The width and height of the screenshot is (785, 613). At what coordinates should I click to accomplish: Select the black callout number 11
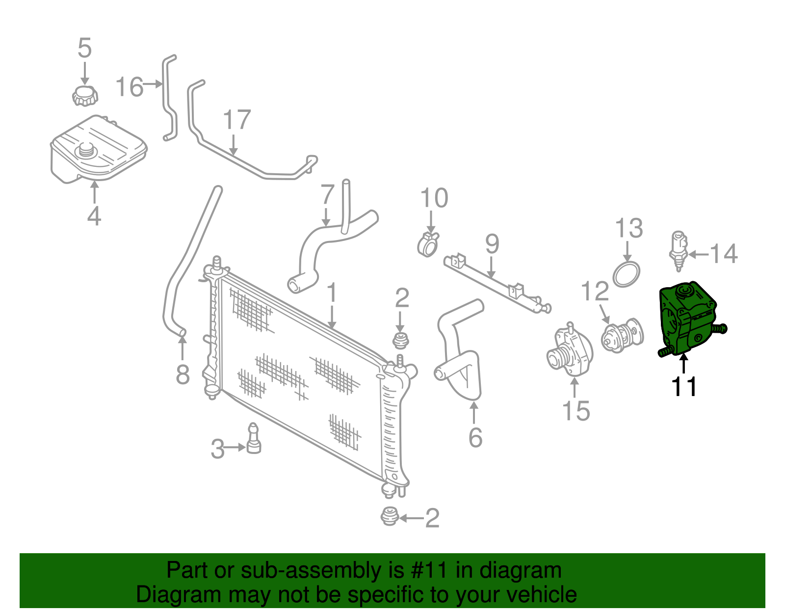tap(684, 387)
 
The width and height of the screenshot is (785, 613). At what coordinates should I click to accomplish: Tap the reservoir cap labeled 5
tap(85, 95)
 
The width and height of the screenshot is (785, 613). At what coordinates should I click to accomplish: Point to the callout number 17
tap(236, 120)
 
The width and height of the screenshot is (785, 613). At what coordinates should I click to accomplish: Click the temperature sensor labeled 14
tap(678, 250)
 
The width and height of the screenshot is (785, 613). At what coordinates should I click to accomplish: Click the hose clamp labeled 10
tap(428, 244)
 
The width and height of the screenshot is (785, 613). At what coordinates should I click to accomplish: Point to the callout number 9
tap(492, 244)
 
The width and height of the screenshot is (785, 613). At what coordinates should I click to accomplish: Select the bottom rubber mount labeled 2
tap(390, 516)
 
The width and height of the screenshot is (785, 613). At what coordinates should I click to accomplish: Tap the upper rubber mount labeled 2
tap(401, 340)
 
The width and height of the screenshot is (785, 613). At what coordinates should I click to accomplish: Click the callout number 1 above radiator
tap(332, 293)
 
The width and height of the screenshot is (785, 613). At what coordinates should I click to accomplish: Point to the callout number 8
tap(183, 375)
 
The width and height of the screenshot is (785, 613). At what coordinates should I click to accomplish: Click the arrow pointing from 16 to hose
tap(153, 84)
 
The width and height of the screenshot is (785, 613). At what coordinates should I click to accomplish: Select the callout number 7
tap(327, 194)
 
